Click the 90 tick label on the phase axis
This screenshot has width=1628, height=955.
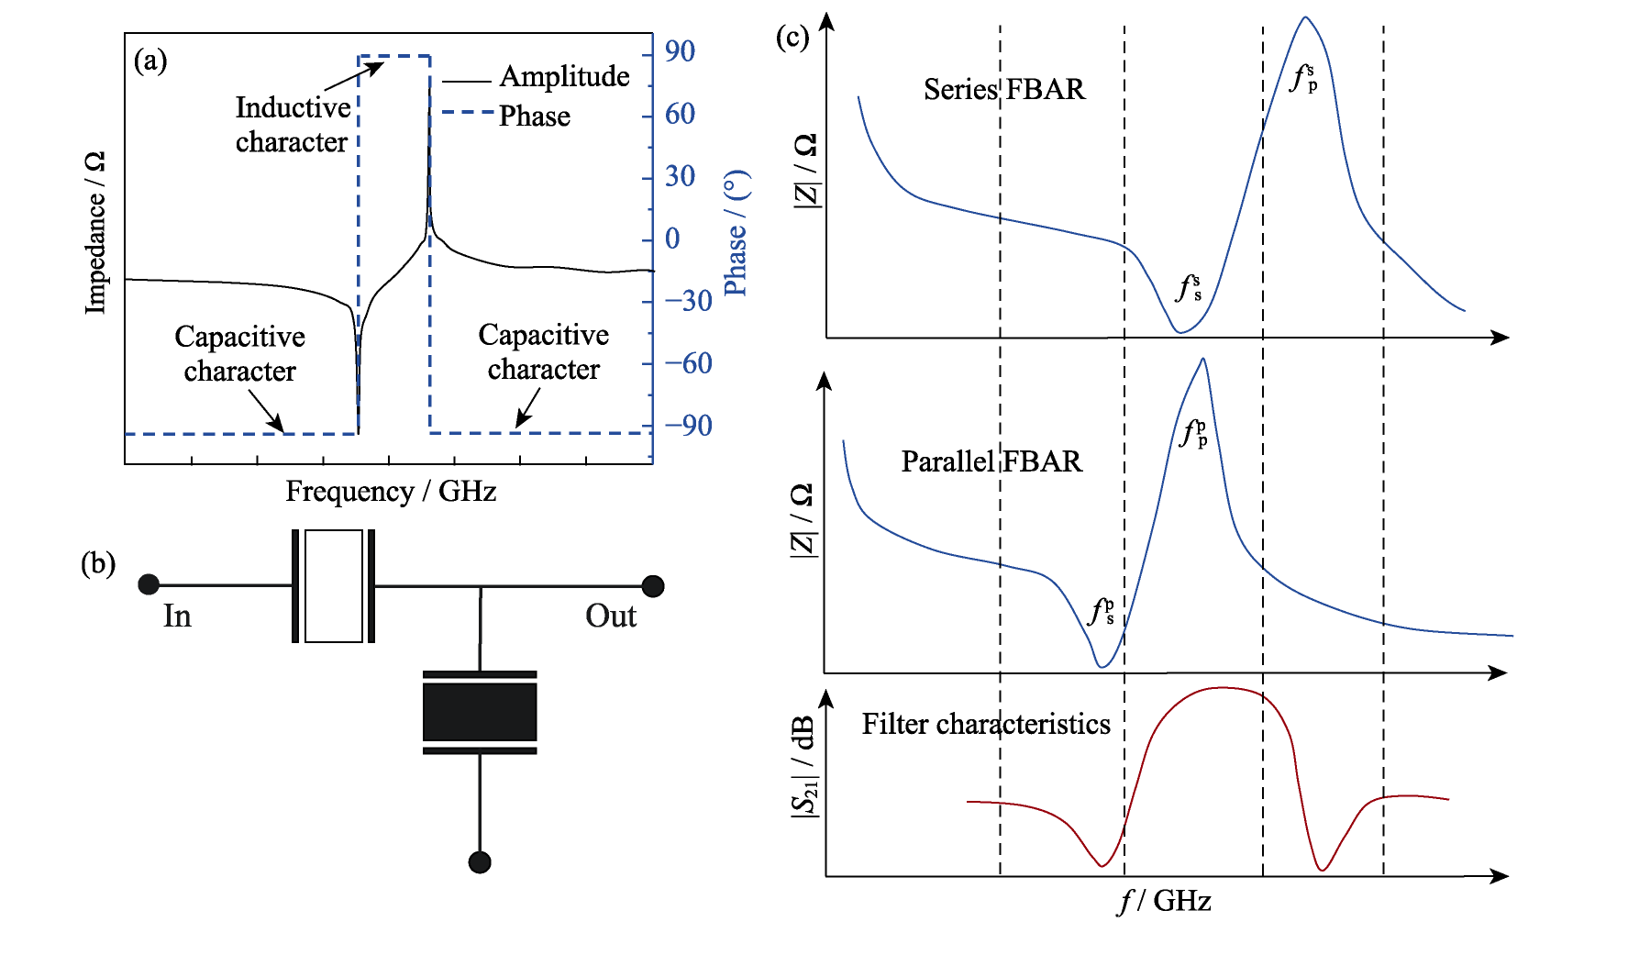680,51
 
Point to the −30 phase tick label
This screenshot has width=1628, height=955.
688,301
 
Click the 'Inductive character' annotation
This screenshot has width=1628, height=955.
293,125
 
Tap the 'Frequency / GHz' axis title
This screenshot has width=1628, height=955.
391,492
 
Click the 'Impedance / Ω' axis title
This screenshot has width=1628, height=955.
94,233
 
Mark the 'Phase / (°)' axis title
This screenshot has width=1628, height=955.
736,233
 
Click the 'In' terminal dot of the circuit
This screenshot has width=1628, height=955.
149,584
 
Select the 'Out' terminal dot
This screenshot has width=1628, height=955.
653,585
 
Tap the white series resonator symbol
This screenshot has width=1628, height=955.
333,586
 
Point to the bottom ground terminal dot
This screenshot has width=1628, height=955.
480,862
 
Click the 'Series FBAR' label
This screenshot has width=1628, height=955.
1003,90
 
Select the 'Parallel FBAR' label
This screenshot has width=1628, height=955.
991,461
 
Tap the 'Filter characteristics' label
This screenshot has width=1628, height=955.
986,725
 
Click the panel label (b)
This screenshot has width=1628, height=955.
98,563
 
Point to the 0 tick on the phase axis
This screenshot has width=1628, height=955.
672,239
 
